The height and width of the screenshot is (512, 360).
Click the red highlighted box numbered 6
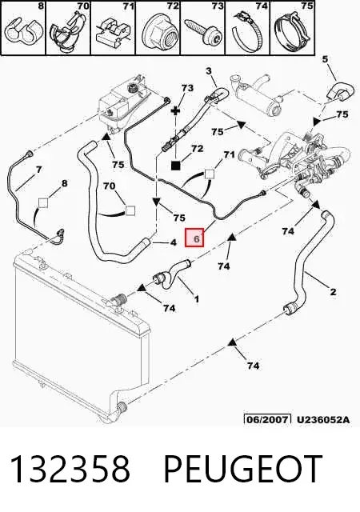[x=194, y=238]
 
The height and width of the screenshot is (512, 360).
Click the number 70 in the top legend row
[x=82, y=6]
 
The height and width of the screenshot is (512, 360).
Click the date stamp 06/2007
[x=267, y=419]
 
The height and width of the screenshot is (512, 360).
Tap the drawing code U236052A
[x=322, y=419]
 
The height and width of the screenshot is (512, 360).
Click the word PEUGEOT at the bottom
[x=242, y=469]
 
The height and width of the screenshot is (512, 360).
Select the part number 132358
[x=70, y=469]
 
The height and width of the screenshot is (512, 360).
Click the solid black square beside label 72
[x=176, y=166]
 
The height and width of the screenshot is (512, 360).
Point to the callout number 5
[x=325, y=59]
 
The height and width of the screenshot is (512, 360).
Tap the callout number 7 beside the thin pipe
[x=39, y=170]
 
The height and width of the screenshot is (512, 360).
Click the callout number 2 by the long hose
[x=333, y=291]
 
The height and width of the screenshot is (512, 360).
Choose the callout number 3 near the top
[x=209, y=71]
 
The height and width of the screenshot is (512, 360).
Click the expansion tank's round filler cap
[x=133, y=87]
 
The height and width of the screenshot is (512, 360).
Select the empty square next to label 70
[x=130, y=210]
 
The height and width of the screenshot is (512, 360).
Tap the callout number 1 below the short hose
[x=196, y=298]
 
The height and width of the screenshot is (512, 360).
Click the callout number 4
[x=173, y=242]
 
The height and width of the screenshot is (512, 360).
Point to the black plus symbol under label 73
[x=176, y=110]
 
